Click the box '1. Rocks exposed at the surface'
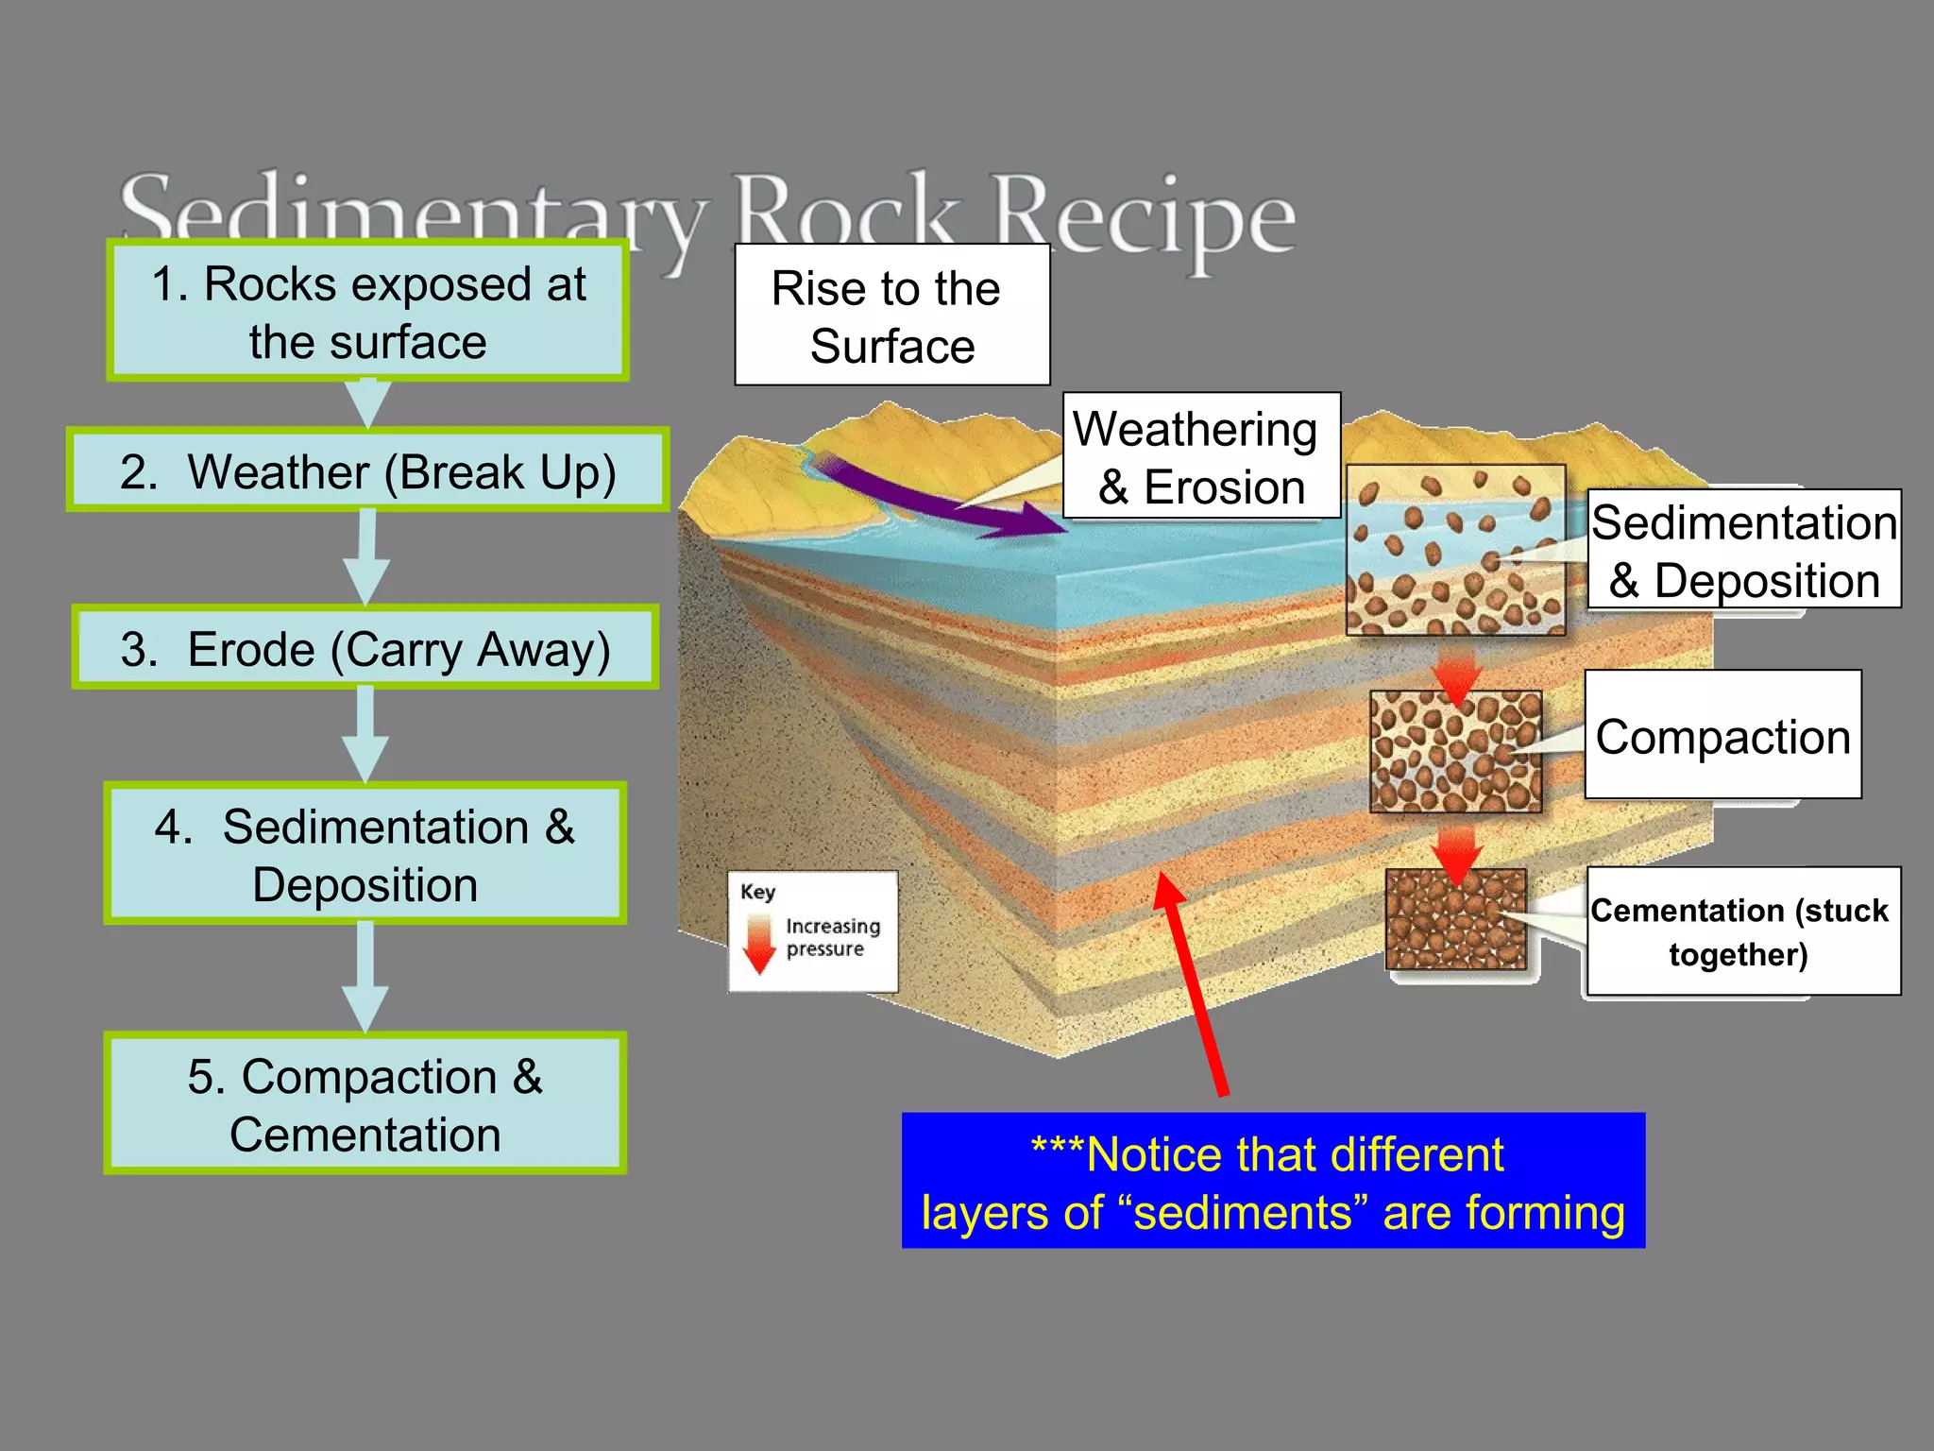point(367,312)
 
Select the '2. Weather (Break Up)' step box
point(367,470)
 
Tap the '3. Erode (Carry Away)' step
point(365,648)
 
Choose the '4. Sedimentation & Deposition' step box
point(365,854)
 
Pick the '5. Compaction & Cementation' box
point(365,1103)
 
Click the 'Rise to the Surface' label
point(891,316)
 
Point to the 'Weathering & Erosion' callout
point(1200,456)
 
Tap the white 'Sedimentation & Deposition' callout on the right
point(1743,550)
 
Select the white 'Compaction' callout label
point(1722,735)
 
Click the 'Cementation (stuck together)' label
point(1742,930)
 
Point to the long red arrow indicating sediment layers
point(1192,982)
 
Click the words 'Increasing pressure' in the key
point(831,937)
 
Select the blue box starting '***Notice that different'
point(1273,1181)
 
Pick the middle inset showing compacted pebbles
point(1455,751)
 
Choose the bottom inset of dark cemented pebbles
point(1455,919)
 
